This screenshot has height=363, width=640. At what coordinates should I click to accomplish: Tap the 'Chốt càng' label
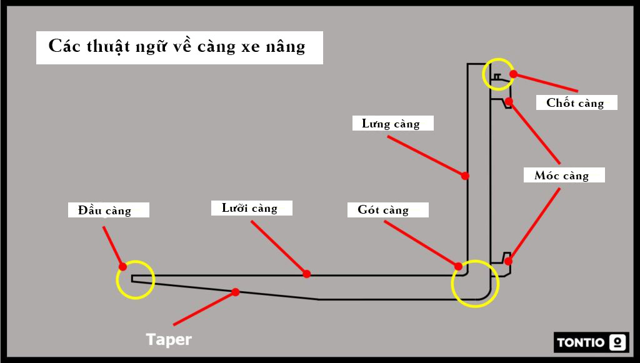[576, 102]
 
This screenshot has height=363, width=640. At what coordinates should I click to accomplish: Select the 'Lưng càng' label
[392, 123]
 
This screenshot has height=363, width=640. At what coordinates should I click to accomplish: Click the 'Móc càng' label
[564, 175]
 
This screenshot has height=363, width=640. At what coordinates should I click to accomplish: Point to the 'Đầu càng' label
[108, 210]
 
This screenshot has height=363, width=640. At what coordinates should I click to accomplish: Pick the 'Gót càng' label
[387, 209]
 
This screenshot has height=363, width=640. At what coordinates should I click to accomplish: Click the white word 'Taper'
[169, 340]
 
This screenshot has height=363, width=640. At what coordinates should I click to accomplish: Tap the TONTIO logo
[591, 342]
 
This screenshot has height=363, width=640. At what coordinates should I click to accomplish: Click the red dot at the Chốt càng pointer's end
[513, 74]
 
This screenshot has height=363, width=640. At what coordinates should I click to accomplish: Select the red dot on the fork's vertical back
[465, 176]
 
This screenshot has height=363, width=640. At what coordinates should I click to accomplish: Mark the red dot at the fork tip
[123, 267]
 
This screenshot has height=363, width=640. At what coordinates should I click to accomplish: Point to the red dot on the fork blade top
[306, 274]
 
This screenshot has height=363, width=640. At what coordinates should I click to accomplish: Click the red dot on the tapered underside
[236, 292]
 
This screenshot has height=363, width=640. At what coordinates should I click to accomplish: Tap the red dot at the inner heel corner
[459, 266]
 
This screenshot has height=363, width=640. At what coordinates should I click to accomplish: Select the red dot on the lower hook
[508, 261]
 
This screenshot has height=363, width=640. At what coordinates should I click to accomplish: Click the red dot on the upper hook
[509, 101]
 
